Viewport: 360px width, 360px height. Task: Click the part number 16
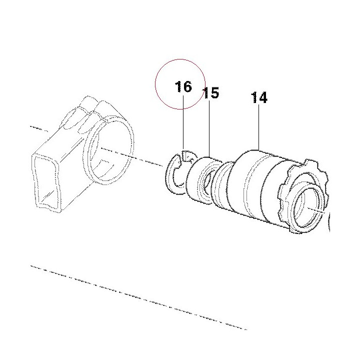coord(183,86)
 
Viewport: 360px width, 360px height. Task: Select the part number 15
coord(211,93)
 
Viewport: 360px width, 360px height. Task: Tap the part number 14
coord(259,97)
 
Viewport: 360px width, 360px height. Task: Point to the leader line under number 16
coord(183,122)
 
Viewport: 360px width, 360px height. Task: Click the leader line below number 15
coord(209,128)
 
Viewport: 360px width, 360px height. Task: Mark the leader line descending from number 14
coord(259,127)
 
